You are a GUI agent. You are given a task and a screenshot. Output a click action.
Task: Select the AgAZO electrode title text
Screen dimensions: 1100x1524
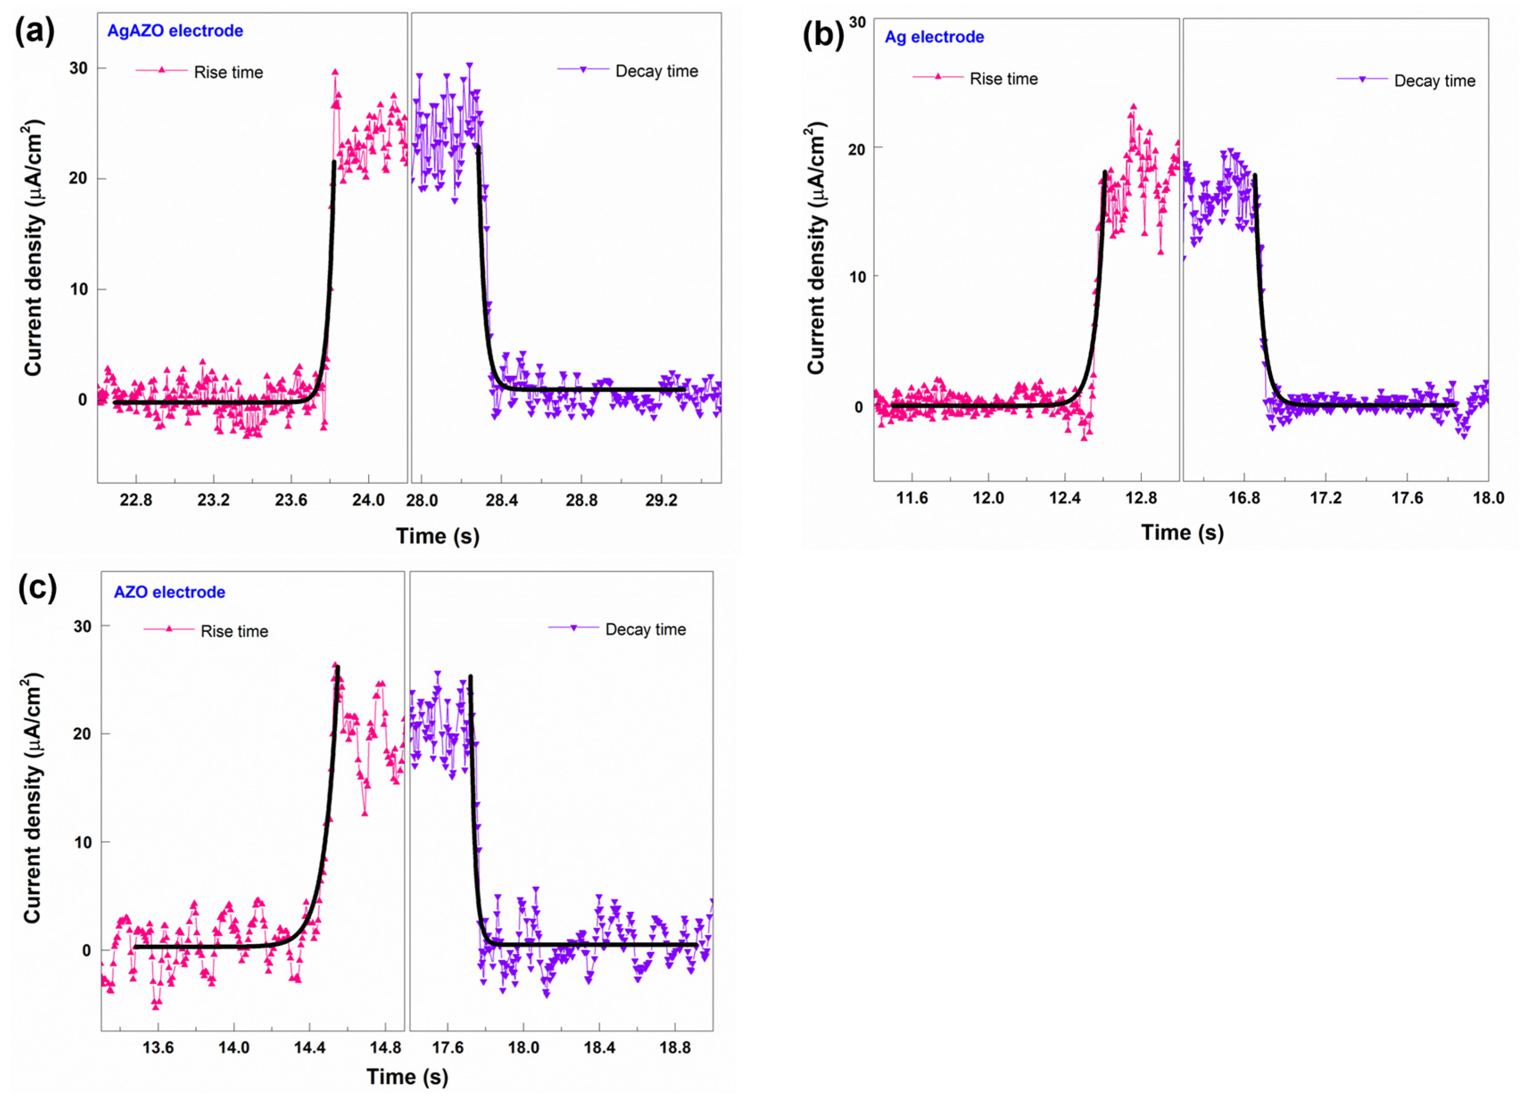point(175,31)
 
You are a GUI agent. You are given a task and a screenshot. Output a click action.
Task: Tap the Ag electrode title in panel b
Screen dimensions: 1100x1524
point(934,37)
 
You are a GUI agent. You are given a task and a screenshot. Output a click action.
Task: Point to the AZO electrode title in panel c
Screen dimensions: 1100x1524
point(169,592)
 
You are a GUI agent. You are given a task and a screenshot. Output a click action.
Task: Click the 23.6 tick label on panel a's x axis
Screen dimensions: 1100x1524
point(290,500)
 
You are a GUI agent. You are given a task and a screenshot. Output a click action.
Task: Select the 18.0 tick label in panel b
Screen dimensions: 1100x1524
point(1488,498)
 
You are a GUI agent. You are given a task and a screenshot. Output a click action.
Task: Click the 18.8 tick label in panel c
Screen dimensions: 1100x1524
point(675,1047)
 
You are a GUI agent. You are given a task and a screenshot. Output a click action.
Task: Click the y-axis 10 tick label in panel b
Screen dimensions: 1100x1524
point(857,276)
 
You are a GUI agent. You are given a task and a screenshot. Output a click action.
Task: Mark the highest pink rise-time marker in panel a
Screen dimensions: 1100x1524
point(335,72)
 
